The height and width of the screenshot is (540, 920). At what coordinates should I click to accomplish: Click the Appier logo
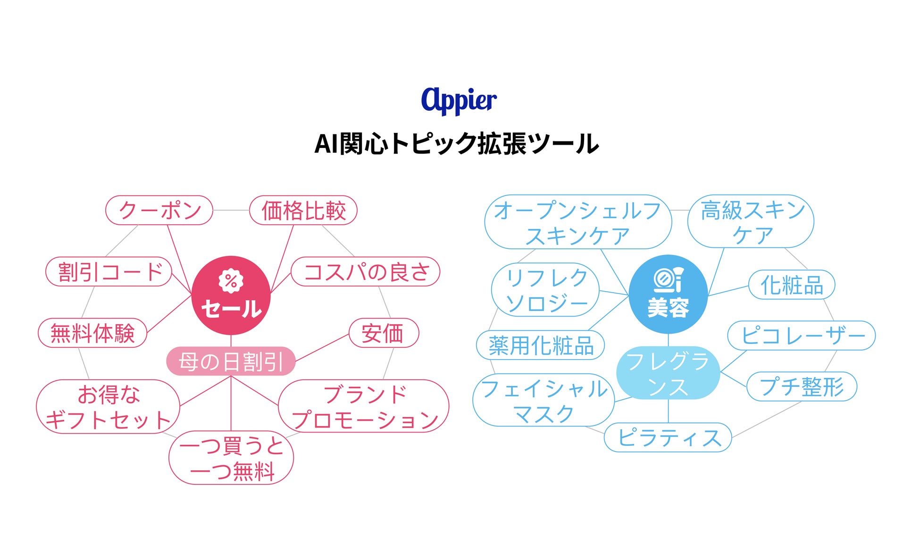point(459,100)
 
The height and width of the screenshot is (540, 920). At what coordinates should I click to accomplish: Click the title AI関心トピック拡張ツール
point(457,144)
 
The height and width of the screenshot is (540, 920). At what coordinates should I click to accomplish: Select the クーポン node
point(159,210)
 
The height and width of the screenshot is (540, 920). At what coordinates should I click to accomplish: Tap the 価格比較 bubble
point(303,210)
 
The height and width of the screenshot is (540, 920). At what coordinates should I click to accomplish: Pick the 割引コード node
point(109,271)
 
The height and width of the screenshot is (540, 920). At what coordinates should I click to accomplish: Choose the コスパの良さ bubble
point(366,271)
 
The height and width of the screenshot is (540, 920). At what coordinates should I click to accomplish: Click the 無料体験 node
point(92,333)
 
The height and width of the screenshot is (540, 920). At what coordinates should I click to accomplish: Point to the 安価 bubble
point(384,333)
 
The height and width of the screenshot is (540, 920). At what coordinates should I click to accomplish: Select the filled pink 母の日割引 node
point(231,361)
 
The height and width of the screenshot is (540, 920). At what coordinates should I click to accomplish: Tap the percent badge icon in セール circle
point(231,281)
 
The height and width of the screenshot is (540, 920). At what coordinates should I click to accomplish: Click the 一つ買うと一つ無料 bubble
point(231,458)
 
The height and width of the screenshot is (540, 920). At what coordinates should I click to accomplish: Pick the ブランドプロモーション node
point(364,406)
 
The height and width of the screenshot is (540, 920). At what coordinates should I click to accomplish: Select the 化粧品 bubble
point(792,285)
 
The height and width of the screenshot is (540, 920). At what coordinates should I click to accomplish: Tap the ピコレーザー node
point(802,335)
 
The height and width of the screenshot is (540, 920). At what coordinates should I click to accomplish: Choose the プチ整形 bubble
point(802,386)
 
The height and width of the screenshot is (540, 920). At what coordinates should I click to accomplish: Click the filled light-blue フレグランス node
point(668,373)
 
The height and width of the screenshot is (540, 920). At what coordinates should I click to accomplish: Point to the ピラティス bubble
point(668,437)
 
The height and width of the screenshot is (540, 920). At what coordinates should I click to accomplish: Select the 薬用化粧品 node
point(541,345)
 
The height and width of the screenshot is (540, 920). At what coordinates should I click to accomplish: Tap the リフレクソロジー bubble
point(545,290)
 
